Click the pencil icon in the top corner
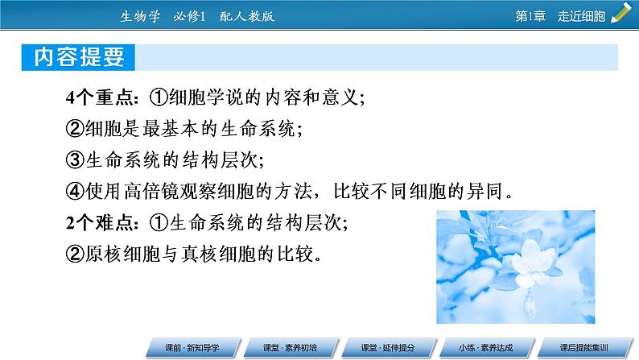tap(620, 13)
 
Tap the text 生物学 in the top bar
tap(142, 16)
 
